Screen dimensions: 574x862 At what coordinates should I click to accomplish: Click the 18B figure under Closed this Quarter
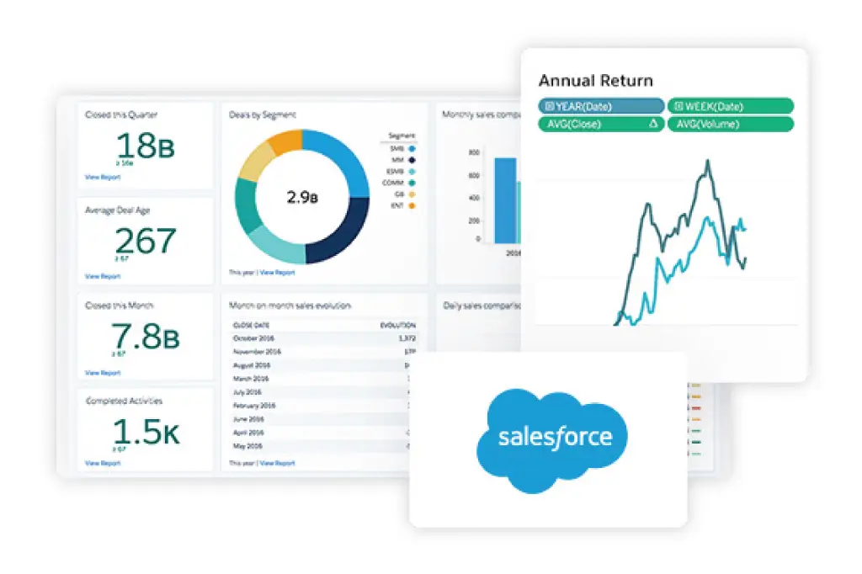[x=145, y=146]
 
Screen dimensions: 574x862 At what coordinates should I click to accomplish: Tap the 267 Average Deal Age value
[x=145, y=242]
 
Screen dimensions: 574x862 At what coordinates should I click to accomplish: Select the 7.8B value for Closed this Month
[x=145, y=337]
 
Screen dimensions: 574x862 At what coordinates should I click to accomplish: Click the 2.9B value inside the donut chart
[x=301, y=198]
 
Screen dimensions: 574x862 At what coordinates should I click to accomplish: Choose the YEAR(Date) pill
[x=601, y=106]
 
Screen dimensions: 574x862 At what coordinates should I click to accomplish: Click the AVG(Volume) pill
[x=731, y=124]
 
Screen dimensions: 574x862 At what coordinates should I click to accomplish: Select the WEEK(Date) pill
[x=731, y=106]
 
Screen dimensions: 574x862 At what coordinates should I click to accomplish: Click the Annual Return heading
[x=595, y=81]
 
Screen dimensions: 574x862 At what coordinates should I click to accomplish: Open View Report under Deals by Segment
[x=277, y=273]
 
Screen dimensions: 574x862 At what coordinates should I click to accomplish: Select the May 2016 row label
[x=249, y=446]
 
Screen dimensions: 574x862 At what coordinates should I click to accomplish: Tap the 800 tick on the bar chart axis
[x=475, y=152]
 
